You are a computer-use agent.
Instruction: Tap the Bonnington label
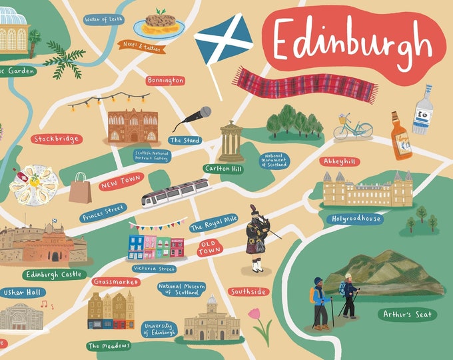coord(165,81)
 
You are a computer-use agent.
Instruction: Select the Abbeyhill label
coord(340,161)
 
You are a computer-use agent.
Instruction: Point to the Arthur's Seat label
coord(407,314)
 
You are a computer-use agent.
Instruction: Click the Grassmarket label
coord(116,282)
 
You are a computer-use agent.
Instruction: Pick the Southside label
coord(248,291)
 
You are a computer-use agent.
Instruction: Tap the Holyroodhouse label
coord(357,218)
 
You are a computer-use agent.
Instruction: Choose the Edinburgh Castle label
coord(55,274)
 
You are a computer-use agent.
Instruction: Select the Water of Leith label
coord(103,19)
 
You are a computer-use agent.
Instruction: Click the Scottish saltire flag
coord(223,39)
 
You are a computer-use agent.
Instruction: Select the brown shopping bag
coord(80,188)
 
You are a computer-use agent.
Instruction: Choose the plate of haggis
coord(159,25)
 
